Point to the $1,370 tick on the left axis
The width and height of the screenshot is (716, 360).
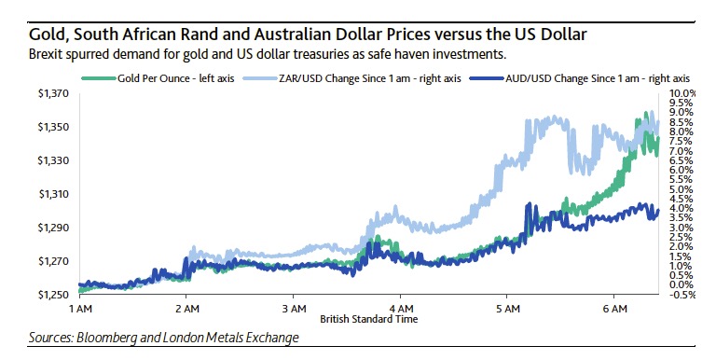(x=55, y=93)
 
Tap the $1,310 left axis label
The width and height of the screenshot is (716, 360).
(x=55, y=194)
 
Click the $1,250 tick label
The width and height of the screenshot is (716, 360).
(x=55, y=295)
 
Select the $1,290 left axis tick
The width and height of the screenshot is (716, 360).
(x=55, y=228)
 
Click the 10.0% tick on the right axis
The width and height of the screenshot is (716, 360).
(x=682, y=94)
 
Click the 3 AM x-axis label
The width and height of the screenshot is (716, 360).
(x=294, y=308)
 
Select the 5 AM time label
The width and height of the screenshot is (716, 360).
(x=508, y=308)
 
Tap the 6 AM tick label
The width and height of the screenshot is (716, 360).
(x=615, y=308)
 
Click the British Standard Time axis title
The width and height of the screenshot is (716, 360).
(x=368, y=319)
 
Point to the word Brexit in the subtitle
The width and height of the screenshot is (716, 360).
(x=23, y=55)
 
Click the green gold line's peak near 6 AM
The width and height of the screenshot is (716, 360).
(x=646, y=116)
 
